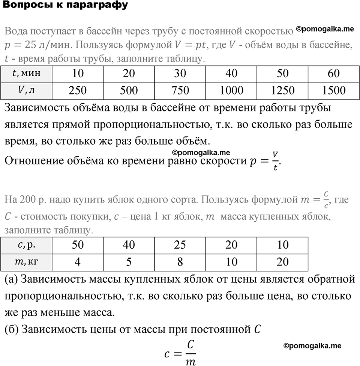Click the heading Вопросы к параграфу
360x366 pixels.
(x=64, y=5)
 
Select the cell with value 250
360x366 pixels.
(x=78, y=90)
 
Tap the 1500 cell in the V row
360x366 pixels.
(x=333, y=90)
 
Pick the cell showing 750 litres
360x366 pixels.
(x=180, y=90)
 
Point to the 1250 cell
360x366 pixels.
(x=282, y=90)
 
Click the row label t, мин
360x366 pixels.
(x=27, y=73)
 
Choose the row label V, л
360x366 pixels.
(x=27, y=90)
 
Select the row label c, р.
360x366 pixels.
(x=27, y=245)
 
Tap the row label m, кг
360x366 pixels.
(x=27, y=262)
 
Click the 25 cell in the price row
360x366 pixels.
(x=180, y=245)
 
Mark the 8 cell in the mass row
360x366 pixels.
(x=180, y=262)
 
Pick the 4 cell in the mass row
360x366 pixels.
(x=78, y=262)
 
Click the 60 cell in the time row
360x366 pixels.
(x=333, y=73)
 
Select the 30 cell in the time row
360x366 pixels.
(x=180, y=73)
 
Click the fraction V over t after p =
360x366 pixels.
(x=275, y=161)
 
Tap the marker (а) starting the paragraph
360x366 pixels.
(x=11, y=279)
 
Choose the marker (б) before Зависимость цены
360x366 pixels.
(x=11, y=330)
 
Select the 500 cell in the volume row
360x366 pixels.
(x=129, y=90)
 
